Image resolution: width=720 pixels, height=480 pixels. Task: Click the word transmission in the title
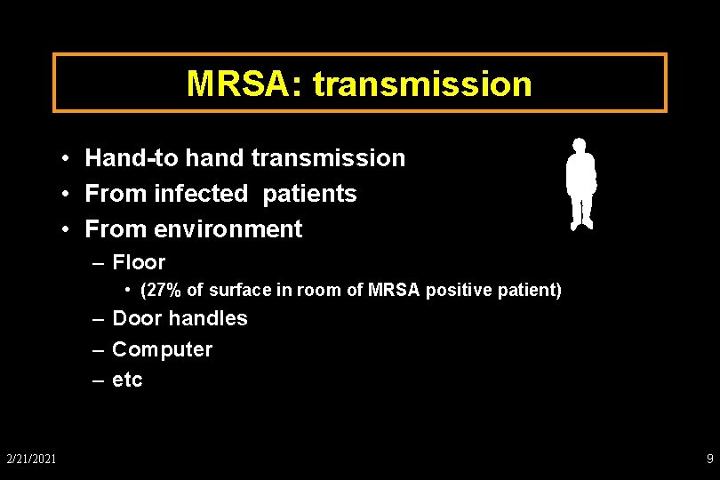point(422,84)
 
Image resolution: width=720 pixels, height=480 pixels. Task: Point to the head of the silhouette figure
point(580,144)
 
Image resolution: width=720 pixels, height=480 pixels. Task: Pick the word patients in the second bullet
point(309,194)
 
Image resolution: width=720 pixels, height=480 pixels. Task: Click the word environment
point(228,229)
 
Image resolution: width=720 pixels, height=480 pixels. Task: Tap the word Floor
point(139,262)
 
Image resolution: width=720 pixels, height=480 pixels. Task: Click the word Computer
point(162,349)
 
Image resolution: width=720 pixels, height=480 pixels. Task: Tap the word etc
point(127,380)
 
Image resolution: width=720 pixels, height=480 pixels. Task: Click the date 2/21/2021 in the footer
point(31,459)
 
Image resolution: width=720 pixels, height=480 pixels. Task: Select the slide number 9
point(709,459)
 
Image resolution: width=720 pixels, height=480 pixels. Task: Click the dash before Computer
point(99,349)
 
